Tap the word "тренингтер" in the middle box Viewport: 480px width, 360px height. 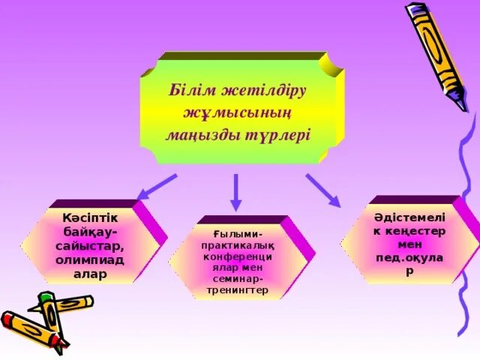click(237, 289)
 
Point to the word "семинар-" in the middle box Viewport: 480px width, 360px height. click(237, 278)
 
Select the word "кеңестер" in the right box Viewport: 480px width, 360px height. click(416, 231)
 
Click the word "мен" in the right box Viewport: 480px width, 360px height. click(409, 244)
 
